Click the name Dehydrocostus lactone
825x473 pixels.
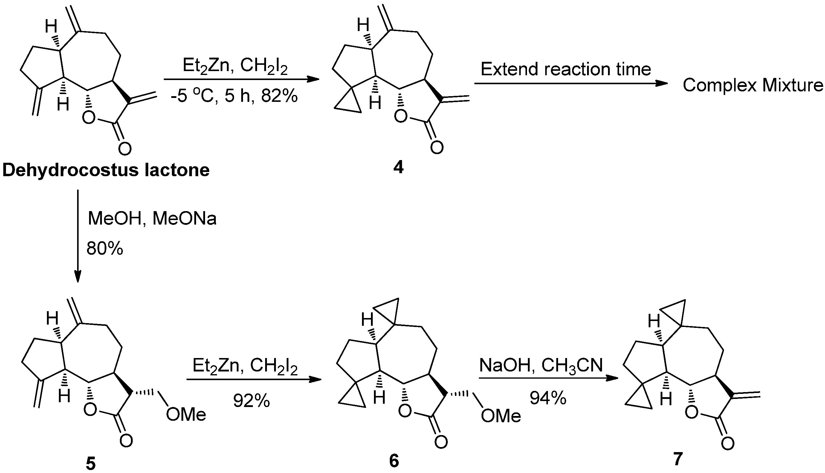pyautogui.click(x=106, y=170)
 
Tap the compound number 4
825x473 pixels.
pyautogui.click(x=398, y=168)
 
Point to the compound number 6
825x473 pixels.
pyautogui.click(x=394, y=461)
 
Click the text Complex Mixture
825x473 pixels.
pyautogui.click(x=752, y=85)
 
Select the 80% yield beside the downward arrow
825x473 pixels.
pyautogui.click(x=105, y=249)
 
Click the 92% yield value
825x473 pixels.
pyautogui.click(x=251, y=401)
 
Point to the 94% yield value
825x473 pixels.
pyautogui.click(x=548, y=398)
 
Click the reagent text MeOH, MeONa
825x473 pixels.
pyautogui.click(x=152, y=219)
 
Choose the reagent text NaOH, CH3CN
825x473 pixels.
pyautogui.click(x=541, y=365)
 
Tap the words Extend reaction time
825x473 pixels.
pyautogui.click(x=566, y=69)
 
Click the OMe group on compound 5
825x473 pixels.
pyautogui.click(x=186, y=414)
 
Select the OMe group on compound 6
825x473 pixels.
pyautogui.click(x=501, y=416)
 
